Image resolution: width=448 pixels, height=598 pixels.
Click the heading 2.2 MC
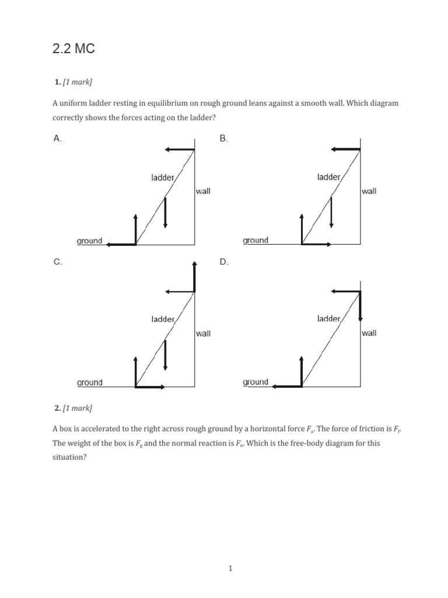point(73,50)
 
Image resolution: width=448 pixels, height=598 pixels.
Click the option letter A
point(57,138)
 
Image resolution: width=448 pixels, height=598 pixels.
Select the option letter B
point(223,138)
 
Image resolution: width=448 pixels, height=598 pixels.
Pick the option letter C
point(57,262)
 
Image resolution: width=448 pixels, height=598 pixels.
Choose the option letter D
point(223,262)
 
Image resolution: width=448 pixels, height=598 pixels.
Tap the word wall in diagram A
point(203,192)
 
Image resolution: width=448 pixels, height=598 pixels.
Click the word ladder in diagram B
point(328,176)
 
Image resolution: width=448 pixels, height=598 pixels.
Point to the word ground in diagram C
point(89,383)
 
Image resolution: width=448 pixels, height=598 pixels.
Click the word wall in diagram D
point(369,333)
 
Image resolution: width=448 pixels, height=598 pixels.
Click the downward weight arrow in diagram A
point(166,213)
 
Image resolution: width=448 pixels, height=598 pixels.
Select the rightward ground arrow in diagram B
point(317,244)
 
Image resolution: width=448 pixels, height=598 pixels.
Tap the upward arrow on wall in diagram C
point(194,276)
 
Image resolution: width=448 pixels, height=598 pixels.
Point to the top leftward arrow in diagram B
point(345,149)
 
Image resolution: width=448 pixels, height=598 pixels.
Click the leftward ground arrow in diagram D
point(288,386)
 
